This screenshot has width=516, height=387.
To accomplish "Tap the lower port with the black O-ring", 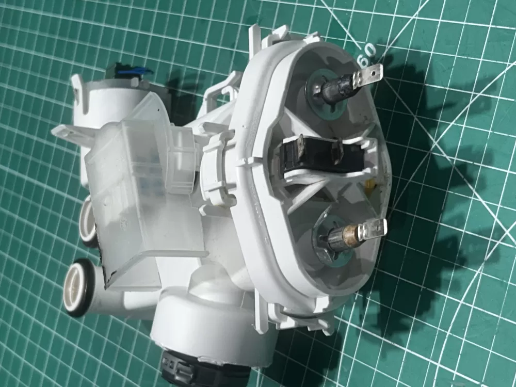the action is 78,287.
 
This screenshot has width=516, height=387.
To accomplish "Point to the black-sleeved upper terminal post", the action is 336,88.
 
